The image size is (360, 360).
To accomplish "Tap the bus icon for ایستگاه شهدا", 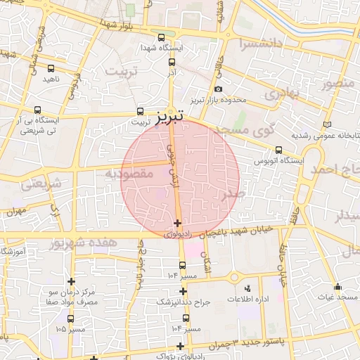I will point(162,37).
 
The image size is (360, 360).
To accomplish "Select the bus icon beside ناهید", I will point(51,69).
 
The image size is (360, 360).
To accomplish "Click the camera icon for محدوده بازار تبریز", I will point(219,89).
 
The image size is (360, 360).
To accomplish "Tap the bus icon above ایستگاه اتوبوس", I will point(279,150).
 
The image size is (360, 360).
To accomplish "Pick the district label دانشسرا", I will point(260,44).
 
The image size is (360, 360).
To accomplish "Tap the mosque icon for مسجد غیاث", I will point(337,287).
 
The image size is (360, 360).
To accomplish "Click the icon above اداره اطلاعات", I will point(246,288).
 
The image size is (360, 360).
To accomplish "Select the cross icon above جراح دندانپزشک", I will point(183,290).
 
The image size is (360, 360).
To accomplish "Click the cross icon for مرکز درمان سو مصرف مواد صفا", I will point(71,281).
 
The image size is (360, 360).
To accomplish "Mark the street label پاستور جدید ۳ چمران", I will point(232,342).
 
